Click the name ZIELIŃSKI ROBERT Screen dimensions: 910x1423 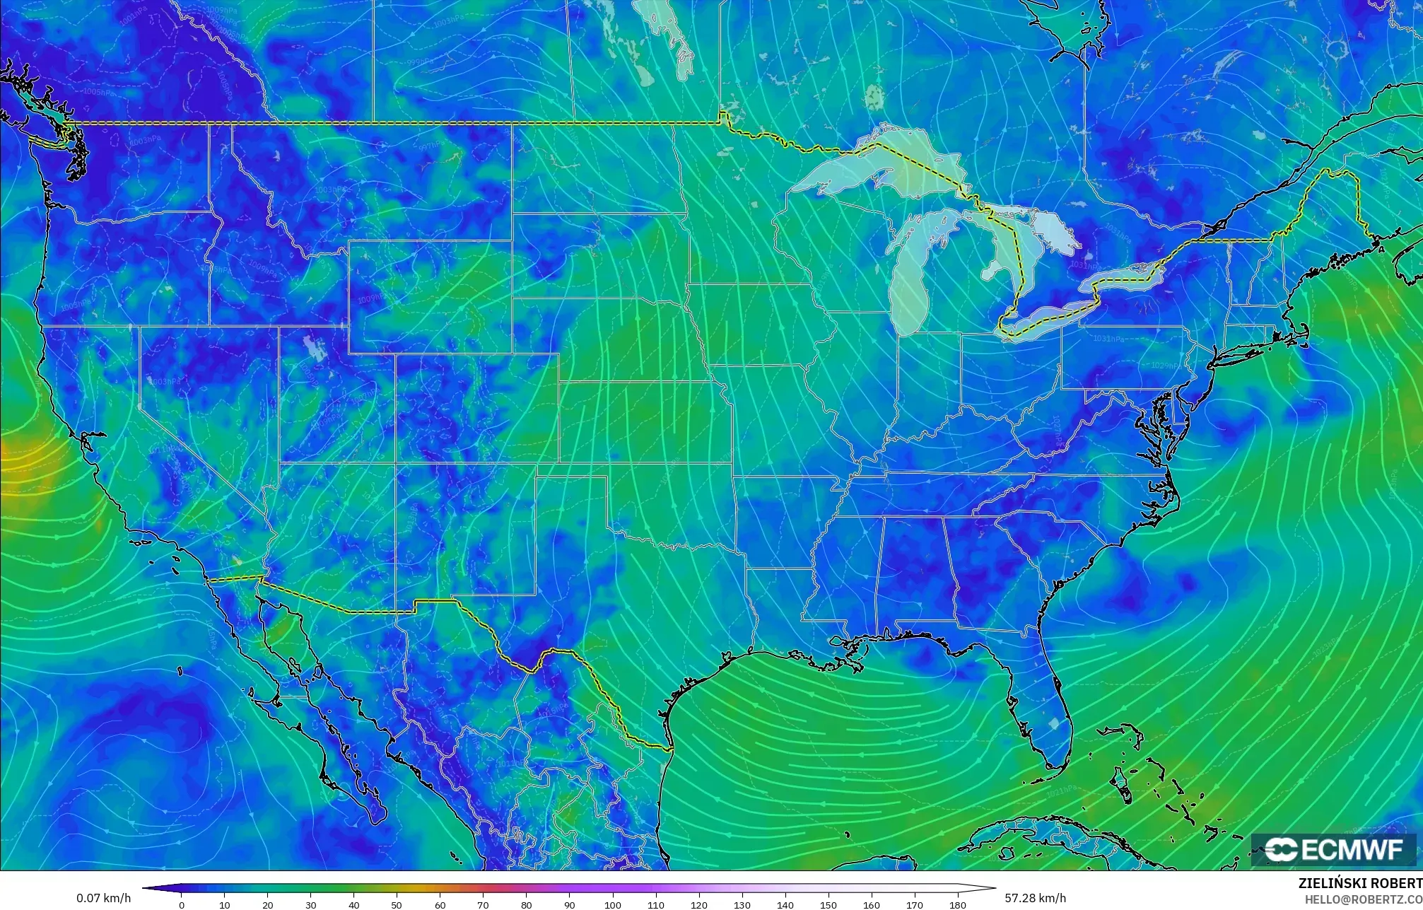coord(1359,883)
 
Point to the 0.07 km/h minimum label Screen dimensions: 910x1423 coord(103,898)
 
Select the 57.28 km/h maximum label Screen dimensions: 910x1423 coord(1035,898)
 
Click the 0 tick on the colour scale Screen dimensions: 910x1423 coord(182,905)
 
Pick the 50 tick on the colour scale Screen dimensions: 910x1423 coord(397,905)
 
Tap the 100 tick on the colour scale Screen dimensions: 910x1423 coord(612,905)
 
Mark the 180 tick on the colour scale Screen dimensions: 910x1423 coord(957,905)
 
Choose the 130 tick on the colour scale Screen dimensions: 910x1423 coord(742,905)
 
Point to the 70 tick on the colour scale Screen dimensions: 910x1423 coord(483,905)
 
